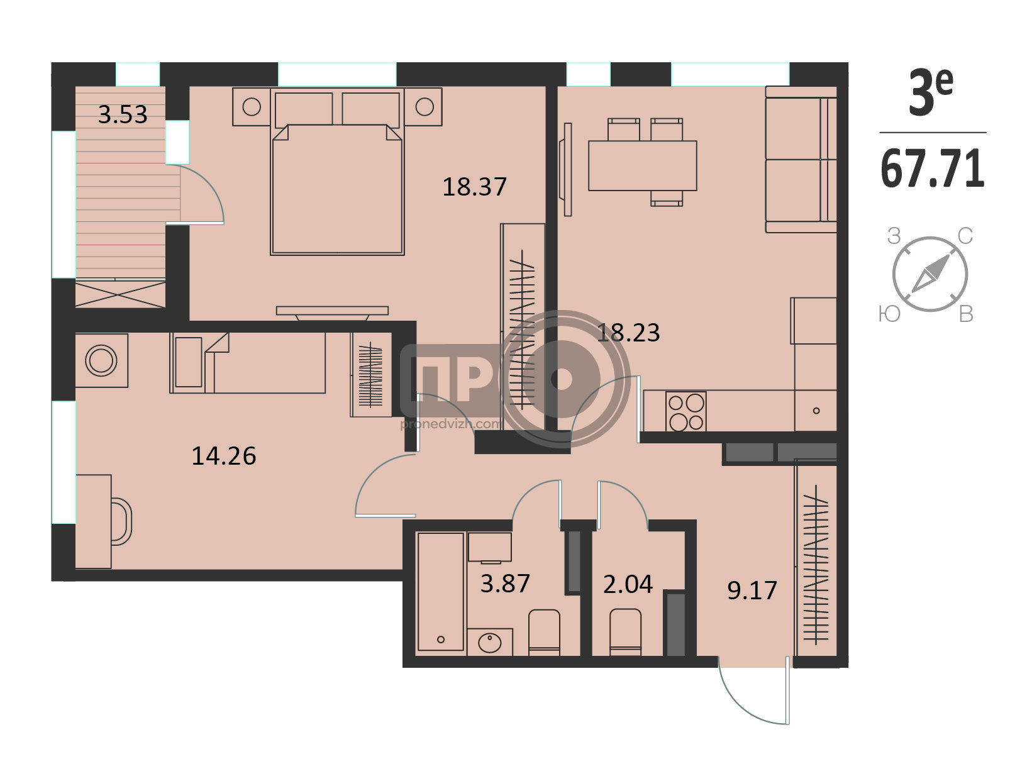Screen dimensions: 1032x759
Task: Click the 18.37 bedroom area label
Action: pos(474,187)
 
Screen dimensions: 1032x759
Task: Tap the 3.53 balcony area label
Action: pos(123,114)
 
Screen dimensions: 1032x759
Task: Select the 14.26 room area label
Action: pos(223,456)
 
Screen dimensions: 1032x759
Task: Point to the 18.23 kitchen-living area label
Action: pos(628,333)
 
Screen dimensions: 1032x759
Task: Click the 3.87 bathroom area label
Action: pos(505,584)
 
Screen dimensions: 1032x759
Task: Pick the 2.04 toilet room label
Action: pos(628,584)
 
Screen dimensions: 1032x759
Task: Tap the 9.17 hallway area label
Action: pos(752,590)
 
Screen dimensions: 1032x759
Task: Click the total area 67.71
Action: pos(933,169)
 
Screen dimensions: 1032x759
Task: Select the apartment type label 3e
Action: pos(931,92)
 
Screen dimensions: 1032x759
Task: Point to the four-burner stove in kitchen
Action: pos(685,411)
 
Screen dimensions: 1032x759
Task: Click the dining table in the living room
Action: pos(642,166)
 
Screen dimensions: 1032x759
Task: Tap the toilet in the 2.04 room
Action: pos(625,632)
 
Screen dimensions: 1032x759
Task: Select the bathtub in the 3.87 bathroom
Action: pos(440,592)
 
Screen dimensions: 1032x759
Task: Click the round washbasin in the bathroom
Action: pos(489,643)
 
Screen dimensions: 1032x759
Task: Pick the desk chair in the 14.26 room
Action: pos(121,521)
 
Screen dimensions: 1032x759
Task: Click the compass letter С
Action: pos(965,236)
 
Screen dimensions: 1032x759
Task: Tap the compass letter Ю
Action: pos(890,314)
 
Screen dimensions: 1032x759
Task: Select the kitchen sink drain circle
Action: pos(816,411)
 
